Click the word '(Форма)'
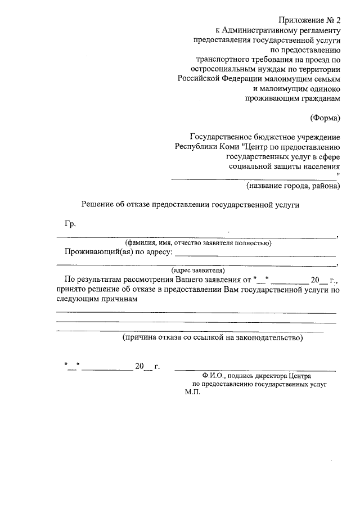(x=325, y=118)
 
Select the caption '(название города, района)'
(x=293, y=186)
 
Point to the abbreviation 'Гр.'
(x=70, y=224)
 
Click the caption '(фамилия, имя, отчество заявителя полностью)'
(x=199, y=243)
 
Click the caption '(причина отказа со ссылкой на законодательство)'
(x=213, y=337)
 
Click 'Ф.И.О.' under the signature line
(x=216, y=376)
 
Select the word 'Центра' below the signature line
(x=298, y=376)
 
